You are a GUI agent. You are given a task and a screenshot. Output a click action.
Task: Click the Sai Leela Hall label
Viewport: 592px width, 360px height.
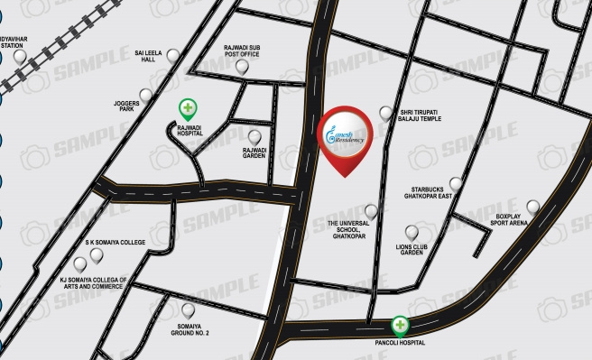click(x=150, y=57)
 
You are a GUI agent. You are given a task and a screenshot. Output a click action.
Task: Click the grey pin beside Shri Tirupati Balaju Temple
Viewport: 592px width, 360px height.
click(x=386, y=113)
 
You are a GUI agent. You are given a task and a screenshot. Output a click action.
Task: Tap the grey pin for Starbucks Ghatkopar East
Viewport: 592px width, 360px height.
click(x=456, y=184)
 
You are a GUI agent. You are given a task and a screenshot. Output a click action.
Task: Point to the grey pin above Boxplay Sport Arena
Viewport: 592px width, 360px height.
click(x=532, y=207)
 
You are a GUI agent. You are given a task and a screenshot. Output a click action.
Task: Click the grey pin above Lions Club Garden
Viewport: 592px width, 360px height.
click(x=412, y=232)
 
